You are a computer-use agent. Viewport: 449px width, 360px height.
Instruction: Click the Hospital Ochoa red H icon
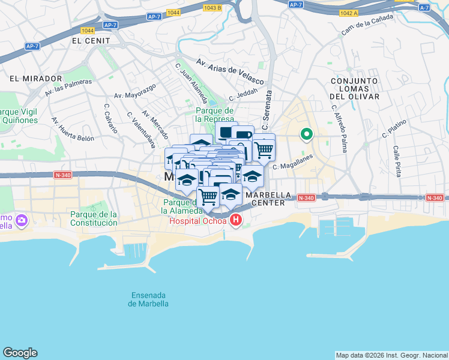tap(236, 220)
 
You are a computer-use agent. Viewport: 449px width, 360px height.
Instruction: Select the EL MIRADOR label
tap(36, 79)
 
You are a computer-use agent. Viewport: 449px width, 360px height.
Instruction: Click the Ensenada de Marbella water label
tap(148, 299)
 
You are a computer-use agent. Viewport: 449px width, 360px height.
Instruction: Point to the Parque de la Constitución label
tap(94, 218)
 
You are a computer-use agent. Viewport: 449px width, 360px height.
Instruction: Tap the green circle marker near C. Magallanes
tap(307, 134)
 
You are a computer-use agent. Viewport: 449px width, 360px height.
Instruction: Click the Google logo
tap(20, 353)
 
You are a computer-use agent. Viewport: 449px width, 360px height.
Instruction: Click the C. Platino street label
tap(394, 129)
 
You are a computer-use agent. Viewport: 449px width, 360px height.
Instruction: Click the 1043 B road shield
tap(212, 8)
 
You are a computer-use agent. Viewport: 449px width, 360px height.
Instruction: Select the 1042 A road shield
tap(348, 12)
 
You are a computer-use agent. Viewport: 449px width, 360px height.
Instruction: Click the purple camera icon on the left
tap(22, 221)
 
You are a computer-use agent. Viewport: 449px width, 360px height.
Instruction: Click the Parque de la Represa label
tap(214, 115)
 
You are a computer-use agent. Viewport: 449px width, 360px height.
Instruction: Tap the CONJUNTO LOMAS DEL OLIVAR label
tap(354, 88)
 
